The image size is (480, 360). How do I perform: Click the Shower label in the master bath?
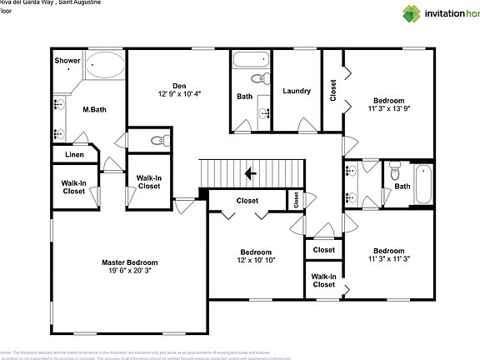[67, 61]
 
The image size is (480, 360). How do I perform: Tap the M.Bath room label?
[93, 109]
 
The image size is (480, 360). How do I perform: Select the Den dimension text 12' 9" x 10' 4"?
[179, 94]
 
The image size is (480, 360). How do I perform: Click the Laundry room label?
[297, 91]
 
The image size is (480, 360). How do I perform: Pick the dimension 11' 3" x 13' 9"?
[390, 108]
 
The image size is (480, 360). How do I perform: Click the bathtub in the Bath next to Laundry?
[250, 60]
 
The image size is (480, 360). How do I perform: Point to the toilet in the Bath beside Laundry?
[264, 80]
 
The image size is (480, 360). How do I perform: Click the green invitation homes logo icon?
[412, 13]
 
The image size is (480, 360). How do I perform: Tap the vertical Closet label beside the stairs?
[296, 200]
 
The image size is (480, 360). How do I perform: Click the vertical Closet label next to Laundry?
[333, 90]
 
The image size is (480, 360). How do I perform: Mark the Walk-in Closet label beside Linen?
[73, 187]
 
